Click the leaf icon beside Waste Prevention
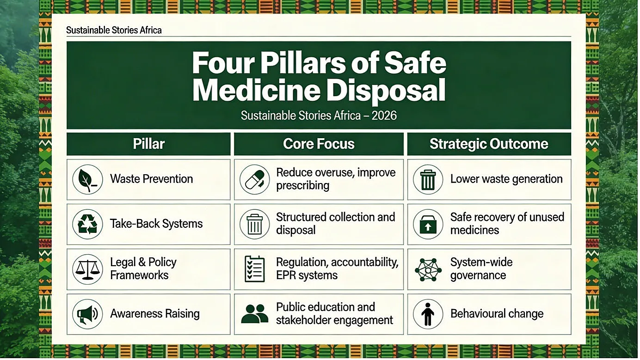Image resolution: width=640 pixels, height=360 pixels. [87, 180]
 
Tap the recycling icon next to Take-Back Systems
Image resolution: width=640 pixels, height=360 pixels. [87, 224]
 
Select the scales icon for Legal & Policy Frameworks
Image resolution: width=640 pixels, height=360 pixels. [87, 269]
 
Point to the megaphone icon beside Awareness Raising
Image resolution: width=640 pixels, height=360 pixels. [87, 314]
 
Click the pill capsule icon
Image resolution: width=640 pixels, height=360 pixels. [255, 180]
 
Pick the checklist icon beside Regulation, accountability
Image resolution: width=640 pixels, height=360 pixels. [255, 269]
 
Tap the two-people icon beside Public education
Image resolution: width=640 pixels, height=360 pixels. [255, 314]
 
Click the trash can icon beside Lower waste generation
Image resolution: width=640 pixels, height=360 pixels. [428, 180]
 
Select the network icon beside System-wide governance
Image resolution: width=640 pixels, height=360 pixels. [428, 269]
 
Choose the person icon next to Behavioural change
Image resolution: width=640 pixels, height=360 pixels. [428, 314]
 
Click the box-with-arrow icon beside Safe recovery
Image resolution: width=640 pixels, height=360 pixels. [428, 224]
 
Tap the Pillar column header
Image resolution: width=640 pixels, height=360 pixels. [148, 144]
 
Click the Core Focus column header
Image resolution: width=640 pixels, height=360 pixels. [319, 144]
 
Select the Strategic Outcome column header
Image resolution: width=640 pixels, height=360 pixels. [489, 144]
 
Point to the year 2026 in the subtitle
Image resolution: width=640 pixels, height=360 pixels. [384, 116]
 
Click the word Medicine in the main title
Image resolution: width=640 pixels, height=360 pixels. [256, 90]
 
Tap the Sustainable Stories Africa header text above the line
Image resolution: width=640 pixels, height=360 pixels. [114, 30]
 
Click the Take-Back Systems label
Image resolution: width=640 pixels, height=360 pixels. [156, 224]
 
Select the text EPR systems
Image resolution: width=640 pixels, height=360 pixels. [307, 275]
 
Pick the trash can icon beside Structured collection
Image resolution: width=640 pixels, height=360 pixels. [255, 224]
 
